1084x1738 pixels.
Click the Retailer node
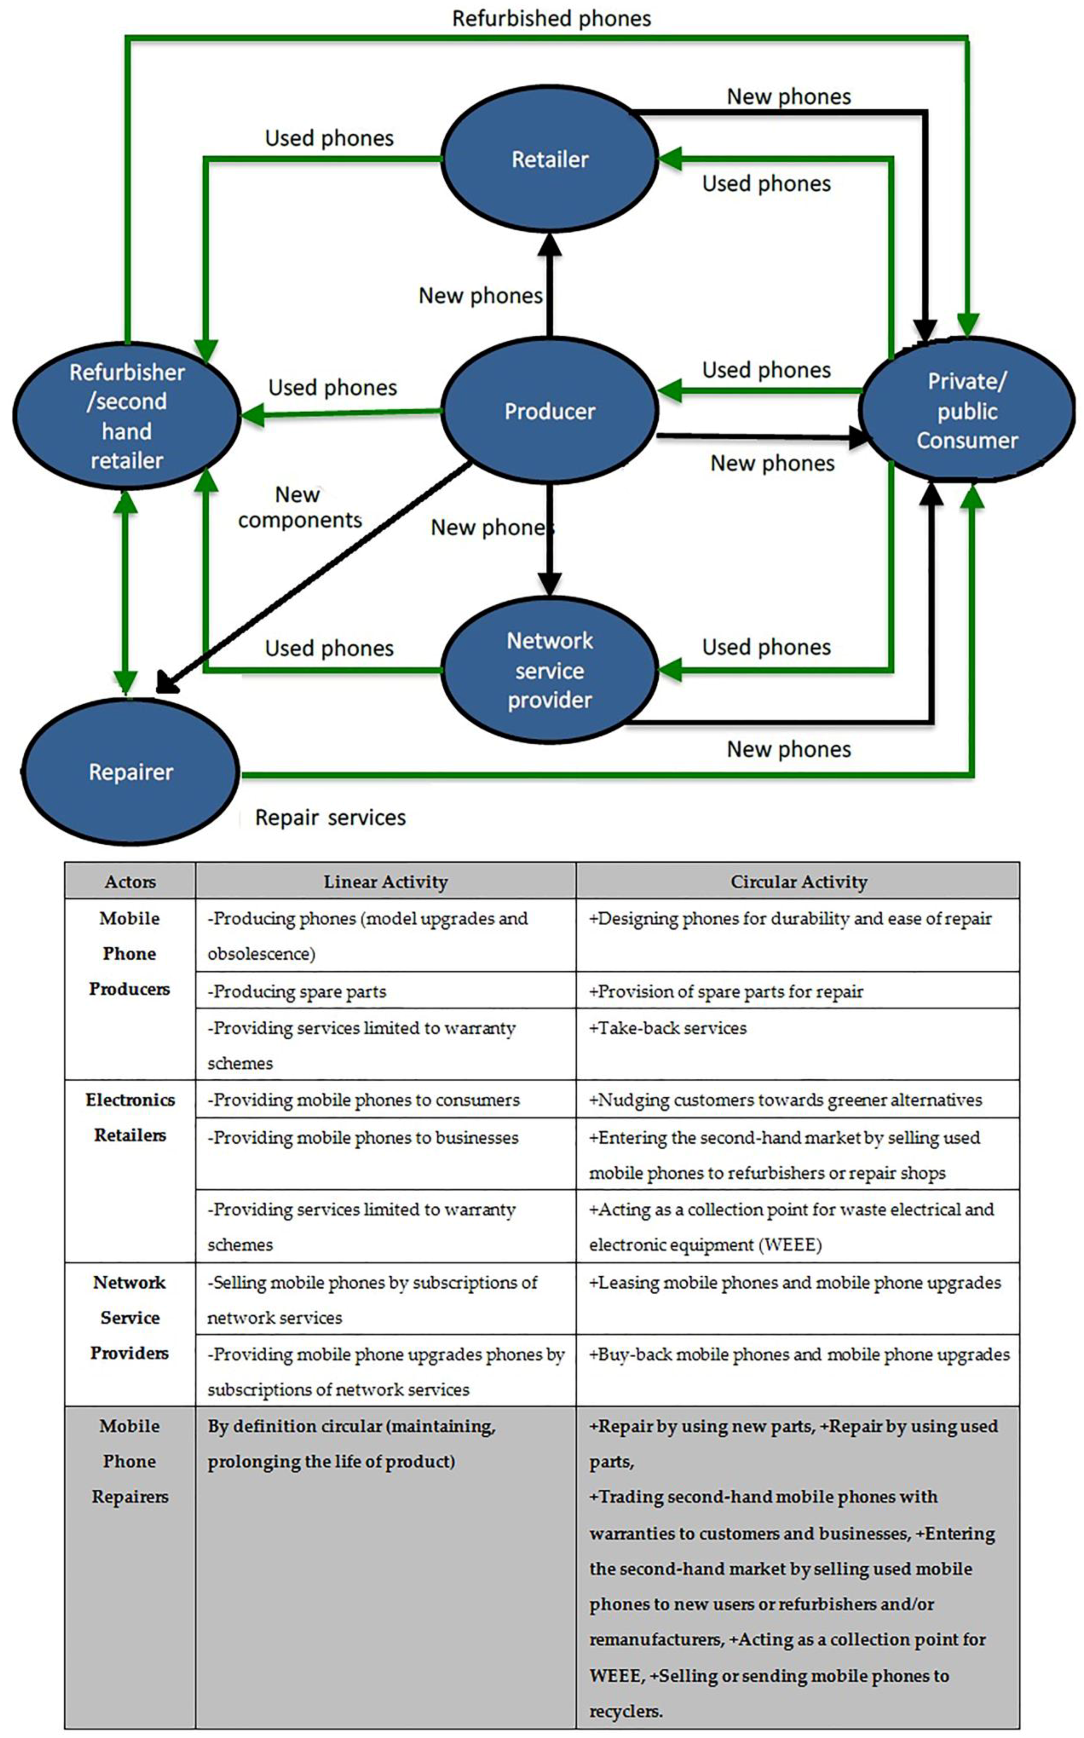tap(550, 159)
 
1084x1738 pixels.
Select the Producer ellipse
tap(550, 411)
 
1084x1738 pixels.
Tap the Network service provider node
tap(550, 670)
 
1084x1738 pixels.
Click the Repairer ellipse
tap(130, 772)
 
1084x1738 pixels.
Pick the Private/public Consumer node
tap(967, 411)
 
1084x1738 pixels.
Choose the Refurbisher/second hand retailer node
tap(127, 416)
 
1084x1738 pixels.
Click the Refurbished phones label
tap(551, 19)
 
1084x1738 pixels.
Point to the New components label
tap(300, 507)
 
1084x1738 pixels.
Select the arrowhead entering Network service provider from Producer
tap(550, 584)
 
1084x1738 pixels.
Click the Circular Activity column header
tap(798, 881)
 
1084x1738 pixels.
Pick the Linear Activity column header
tap(385, 881)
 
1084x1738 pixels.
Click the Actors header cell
tap(130, 881)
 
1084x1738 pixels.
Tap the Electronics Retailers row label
tap(130, 1117)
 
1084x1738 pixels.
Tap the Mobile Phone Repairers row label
tap(130, 1461)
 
